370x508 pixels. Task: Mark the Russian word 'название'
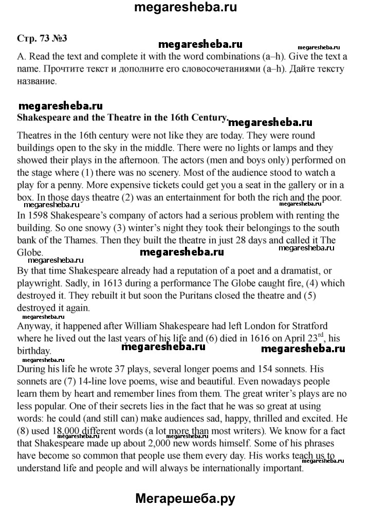37,81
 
